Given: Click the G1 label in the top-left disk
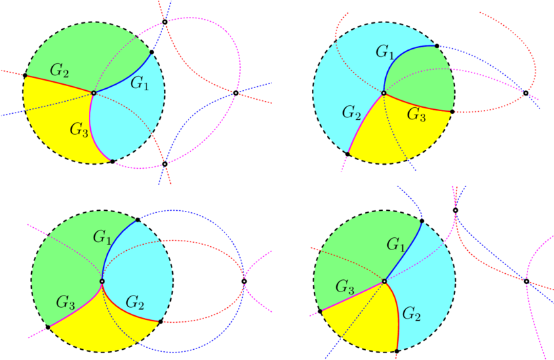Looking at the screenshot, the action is click(x=140, y=84).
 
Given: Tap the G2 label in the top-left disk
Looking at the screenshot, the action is click(x=60, y=71).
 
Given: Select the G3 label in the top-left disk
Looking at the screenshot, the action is click(x=79, y=129).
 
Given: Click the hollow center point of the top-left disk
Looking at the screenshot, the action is click(x=94, y=93).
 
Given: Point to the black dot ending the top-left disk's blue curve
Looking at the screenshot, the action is click(x=152, y=52).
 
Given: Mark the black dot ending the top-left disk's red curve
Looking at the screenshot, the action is click(x=25, y=76).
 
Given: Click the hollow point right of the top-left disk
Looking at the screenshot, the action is click(x=236, y=93).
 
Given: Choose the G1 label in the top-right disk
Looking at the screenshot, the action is click(x=384, y=52).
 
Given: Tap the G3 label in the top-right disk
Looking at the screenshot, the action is click(x=416, y=115).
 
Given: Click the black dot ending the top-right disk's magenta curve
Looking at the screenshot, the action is click(x=347, y=154).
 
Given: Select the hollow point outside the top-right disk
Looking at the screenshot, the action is click(x=526, y=93).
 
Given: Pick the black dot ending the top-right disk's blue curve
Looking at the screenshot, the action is click(x=437, y=46).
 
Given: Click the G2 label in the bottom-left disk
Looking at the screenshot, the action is click(x=135, y=302).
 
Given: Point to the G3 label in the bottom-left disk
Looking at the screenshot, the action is click(x=65, y=302).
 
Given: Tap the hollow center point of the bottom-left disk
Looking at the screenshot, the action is click(x=102, y=281).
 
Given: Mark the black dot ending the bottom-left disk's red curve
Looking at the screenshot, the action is click(x=161, y=321).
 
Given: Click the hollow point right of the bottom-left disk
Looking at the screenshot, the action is click(x=244, y=281).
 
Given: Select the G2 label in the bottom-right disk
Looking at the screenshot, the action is click(x=412, y=313).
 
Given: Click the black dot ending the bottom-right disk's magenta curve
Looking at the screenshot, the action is click(x=320, y=311).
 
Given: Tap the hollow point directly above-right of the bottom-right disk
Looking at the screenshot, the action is click(x=456, y=210).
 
